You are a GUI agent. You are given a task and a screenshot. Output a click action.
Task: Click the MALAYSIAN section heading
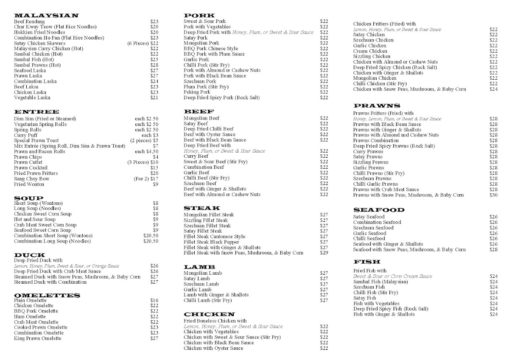[x=46, y=16]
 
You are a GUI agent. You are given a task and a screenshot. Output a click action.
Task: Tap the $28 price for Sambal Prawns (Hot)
[x=154, y=65]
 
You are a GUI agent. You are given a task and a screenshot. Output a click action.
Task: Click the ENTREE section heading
[x=36, y=112]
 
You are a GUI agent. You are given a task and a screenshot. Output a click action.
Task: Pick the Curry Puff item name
[x=25, y=135]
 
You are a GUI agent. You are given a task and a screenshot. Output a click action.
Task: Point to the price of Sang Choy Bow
[x=146, y=179]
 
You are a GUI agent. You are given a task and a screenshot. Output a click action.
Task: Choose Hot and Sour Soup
[x=35, y=220]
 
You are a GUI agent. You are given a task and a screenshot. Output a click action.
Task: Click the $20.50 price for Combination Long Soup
[x=151, y=241]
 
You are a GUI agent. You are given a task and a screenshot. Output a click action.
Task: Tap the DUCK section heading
[x=30, y=255]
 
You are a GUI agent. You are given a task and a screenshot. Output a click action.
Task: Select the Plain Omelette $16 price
[x=154, y=300]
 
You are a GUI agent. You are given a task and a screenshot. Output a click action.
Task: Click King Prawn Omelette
[x=39, y=338]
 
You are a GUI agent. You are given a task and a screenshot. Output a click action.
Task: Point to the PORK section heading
[x=199, y=16]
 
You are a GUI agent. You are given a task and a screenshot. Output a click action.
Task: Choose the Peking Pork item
[x=197, y=92]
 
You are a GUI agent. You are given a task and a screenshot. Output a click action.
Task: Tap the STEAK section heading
[x=202, y=208]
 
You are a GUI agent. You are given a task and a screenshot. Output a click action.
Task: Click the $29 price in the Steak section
[x=324, y=253]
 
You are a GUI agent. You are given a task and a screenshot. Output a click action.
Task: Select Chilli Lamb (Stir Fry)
[x=208, y=300]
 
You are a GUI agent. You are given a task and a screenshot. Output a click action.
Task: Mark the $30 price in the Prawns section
[x=493, y=195]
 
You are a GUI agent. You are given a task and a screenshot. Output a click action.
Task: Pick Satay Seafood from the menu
[x=369, y=217]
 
